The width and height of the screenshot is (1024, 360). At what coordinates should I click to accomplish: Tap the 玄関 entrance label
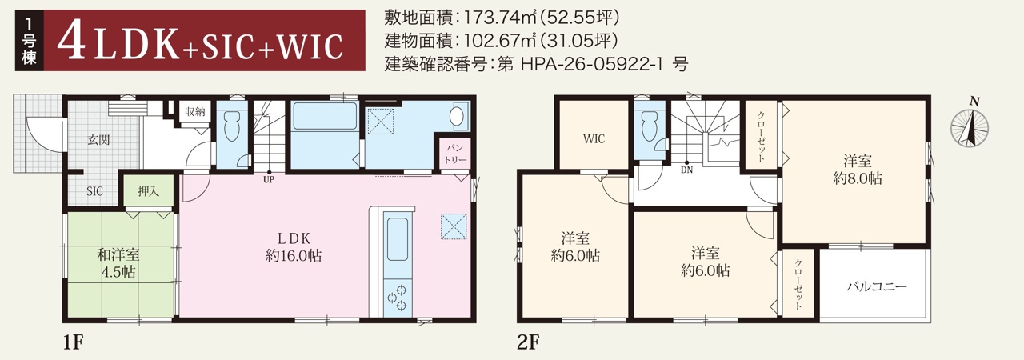click(98, 140)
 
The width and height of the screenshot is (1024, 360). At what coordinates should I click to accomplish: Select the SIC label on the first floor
click(94, 191)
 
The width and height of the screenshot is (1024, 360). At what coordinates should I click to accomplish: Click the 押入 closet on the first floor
click(149, 191)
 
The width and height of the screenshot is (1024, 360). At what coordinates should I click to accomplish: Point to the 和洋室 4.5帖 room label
click(118, 264)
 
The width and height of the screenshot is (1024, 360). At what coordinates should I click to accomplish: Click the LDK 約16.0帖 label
click(294, 247)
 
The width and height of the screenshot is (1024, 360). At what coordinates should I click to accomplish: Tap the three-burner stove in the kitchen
click(397, 298)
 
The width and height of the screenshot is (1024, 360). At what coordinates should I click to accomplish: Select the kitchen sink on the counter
click(397, 239)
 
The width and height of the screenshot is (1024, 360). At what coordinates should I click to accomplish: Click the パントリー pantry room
click(456, 154)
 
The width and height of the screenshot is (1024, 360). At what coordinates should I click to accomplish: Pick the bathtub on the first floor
click(325, 116)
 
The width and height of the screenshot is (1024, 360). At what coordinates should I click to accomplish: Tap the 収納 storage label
click(195, 111)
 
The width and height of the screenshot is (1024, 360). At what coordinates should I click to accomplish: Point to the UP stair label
click(269, 179)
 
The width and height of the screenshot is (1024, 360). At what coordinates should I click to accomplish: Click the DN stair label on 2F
click(686, 170)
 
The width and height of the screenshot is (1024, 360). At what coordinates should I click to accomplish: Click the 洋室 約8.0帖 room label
click(858, 170)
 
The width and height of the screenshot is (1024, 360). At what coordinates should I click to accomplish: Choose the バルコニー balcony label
click(876, 286)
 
